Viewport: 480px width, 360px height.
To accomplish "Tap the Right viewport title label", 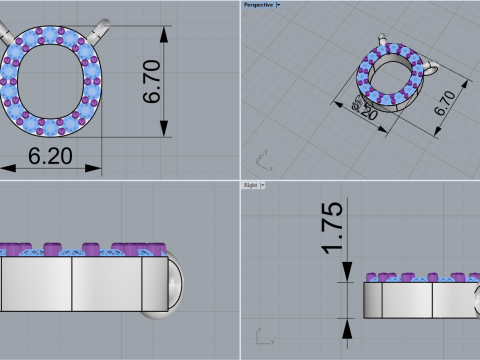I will (x=250, y=185).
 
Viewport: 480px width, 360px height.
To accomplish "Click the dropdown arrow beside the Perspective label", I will (x=278, y=5).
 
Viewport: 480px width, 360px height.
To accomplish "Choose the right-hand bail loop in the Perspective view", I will (x=432, y=71).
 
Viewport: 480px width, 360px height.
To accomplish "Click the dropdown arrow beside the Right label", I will (x=263, y=185).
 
